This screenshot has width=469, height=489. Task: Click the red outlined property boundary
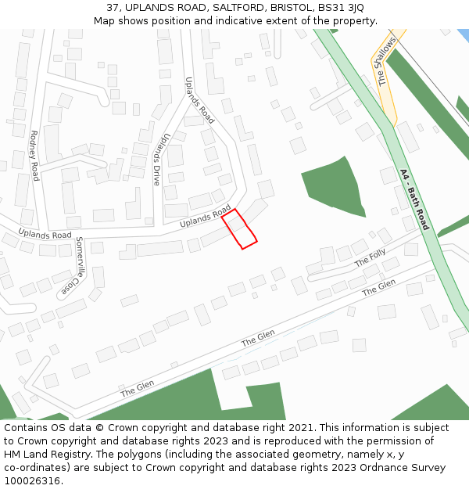[239, 228]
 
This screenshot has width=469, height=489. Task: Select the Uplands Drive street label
[160, 158]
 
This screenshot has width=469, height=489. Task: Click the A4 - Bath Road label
[414, 199]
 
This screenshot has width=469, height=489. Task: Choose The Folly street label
[371, 257]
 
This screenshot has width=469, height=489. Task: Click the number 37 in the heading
[113, 7]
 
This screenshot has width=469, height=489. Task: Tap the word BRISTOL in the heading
[289, 7]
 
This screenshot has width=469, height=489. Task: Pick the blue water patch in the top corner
[463, 35]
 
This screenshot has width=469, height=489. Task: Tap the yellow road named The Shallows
[388, 86]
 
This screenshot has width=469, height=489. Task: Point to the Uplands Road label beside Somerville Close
[45, 234]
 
